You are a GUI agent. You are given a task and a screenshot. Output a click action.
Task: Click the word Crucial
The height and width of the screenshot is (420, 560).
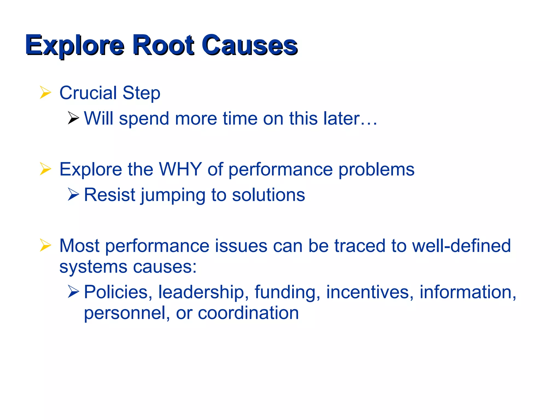88,93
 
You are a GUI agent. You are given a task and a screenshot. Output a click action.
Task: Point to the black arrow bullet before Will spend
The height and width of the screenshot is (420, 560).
73,118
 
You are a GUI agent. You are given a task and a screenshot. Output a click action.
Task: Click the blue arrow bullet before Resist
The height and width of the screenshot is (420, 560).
73,194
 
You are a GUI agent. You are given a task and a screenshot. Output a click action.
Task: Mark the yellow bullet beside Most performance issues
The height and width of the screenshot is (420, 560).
45,245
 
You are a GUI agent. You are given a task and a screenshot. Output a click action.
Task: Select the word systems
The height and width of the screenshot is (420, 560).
93,267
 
